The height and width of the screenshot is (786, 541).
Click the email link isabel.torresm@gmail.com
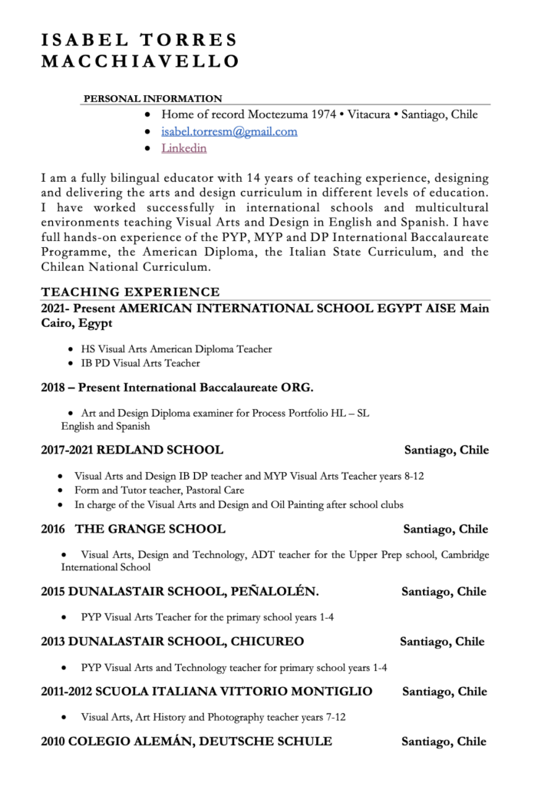pos(229,131)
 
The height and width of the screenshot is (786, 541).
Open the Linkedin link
pos(183,147)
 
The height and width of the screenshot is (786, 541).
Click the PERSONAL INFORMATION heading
pos(152,98)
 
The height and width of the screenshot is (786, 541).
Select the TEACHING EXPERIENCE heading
pos(130,292)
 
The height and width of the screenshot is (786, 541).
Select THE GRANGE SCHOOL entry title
pos(150,529)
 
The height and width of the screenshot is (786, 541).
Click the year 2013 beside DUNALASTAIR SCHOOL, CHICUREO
pos(53,641)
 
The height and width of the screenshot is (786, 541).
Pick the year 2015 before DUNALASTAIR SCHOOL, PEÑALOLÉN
pos(53,592)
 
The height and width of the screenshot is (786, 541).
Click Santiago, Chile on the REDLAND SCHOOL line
pos(446,450)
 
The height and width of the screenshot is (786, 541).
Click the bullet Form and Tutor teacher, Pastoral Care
pos(165,490)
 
